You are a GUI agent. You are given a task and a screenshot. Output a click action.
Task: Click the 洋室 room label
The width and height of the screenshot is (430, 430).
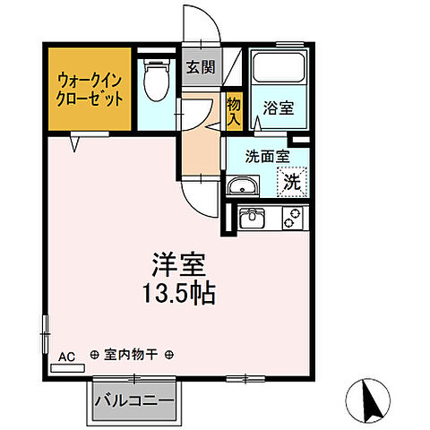(177, 266)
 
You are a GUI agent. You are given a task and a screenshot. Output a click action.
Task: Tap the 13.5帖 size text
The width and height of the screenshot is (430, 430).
(177, 293)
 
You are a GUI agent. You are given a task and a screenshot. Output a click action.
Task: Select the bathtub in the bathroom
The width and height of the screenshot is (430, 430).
(277, 68)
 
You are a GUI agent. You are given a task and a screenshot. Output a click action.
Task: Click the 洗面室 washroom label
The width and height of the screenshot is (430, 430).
(268, 154)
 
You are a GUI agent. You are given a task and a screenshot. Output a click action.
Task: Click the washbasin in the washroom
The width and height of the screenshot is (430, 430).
(242, 187)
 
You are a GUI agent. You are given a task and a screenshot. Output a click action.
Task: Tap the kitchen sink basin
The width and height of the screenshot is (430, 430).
(252, 217)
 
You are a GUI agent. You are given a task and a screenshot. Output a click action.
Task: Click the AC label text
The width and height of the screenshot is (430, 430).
(65, 356)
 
